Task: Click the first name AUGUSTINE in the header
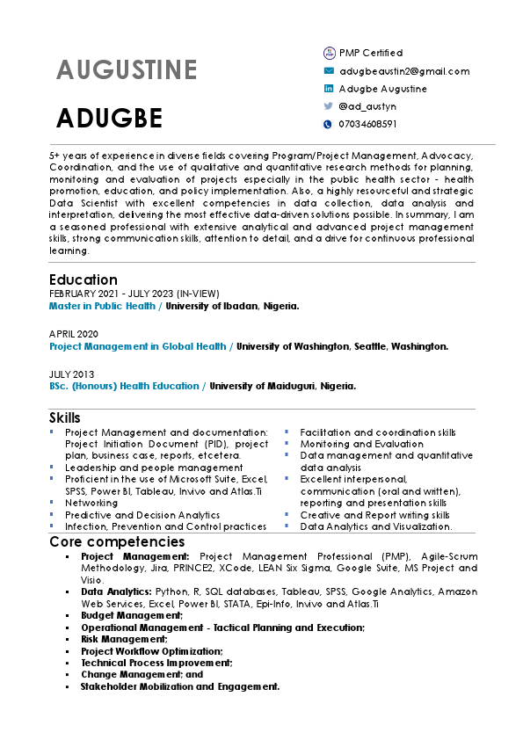(127, 70)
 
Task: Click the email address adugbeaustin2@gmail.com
(404, 71)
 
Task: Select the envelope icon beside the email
(329, 71)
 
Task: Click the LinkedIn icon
(329, 89)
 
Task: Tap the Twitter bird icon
(329, 106)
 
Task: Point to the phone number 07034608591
(367, 124)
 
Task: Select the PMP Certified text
(371, 53)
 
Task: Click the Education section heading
(84, 279)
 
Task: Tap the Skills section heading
(65, 417)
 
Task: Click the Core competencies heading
(117, 541)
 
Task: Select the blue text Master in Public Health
(102, 307)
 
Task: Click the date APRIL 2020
(74, 334)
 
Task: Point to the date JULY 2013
(71, 374)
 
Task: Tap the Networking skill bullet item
(91, 503)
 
